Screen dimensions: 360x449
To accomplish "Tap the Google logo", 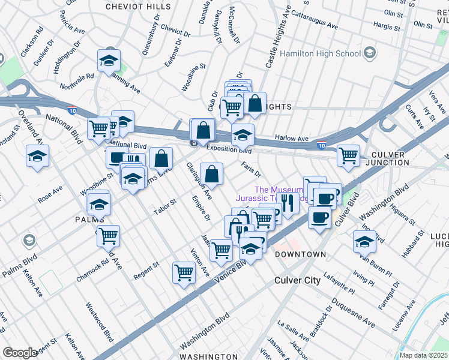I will (20, 353).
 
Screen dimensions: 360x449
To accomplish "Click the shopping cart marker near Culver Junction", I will (348, 155).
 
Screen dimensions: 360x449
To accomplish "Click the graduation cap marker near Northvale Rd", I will (109, 60).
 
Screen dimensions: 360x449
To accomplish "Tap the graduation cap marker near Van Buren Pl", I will (364, 241).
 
